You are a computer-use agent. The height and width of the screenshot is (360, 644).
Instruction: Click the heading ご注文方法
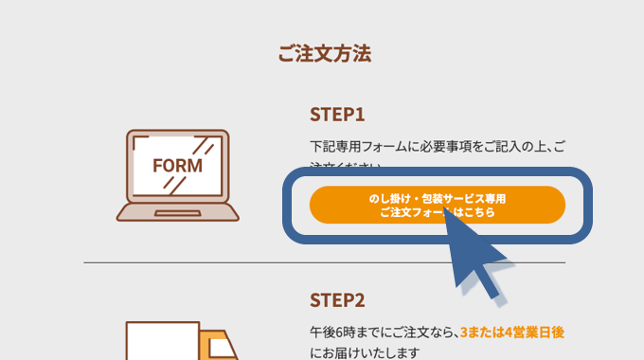tap(324, 54)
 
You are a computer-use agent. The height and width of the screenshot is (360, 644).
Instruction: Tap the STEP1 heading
tap(336, 114)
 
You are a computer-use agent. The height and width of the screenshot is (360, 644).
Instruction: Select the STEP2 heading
tap(337, 299)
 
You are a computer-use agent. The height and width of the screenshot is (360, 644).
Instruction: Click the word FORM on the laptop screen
tap(177, 165)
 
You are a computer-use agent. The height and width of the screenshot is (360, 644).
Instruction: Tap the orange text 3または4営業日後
tap(511, 333)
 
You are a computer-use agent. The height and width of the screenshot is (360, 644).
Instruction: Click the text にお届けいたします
tap(363, 352)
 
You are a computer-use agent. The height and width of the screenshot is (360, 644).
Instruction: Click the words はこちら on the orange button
tap(474, 213)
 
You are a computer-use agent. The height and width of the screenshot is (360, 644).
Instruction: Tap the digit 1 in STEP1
tap(359, 114)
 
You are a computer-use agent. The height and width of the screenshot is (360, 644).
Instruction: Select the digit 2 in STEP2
tap(359, 299)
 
